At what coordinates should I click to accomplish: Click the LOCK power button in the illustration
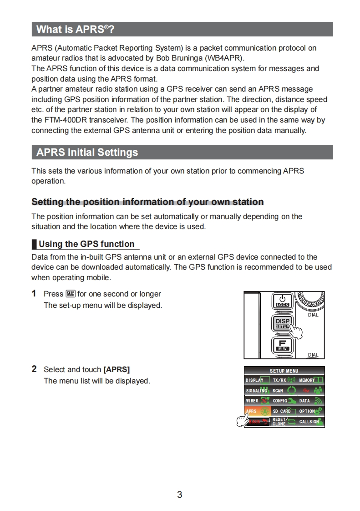[282, 301]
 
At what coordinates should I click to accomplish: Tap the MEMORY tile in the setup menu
[311, 380]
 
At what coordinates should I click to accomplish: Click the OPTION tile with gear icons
[311, 411]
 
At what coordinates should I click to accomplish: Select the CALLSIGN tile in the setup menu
[311, 422]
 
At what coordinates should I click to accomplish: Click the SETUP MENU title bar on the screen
[284, 371]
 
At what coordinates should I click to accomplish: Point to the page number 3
[180, 495]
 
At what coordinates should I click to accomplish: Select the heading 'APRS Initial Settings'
[87, 152]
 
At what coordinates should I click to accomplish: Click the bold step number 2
[34, 369]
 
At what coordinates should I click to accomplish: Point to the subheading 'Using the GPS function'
[86, 244]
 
